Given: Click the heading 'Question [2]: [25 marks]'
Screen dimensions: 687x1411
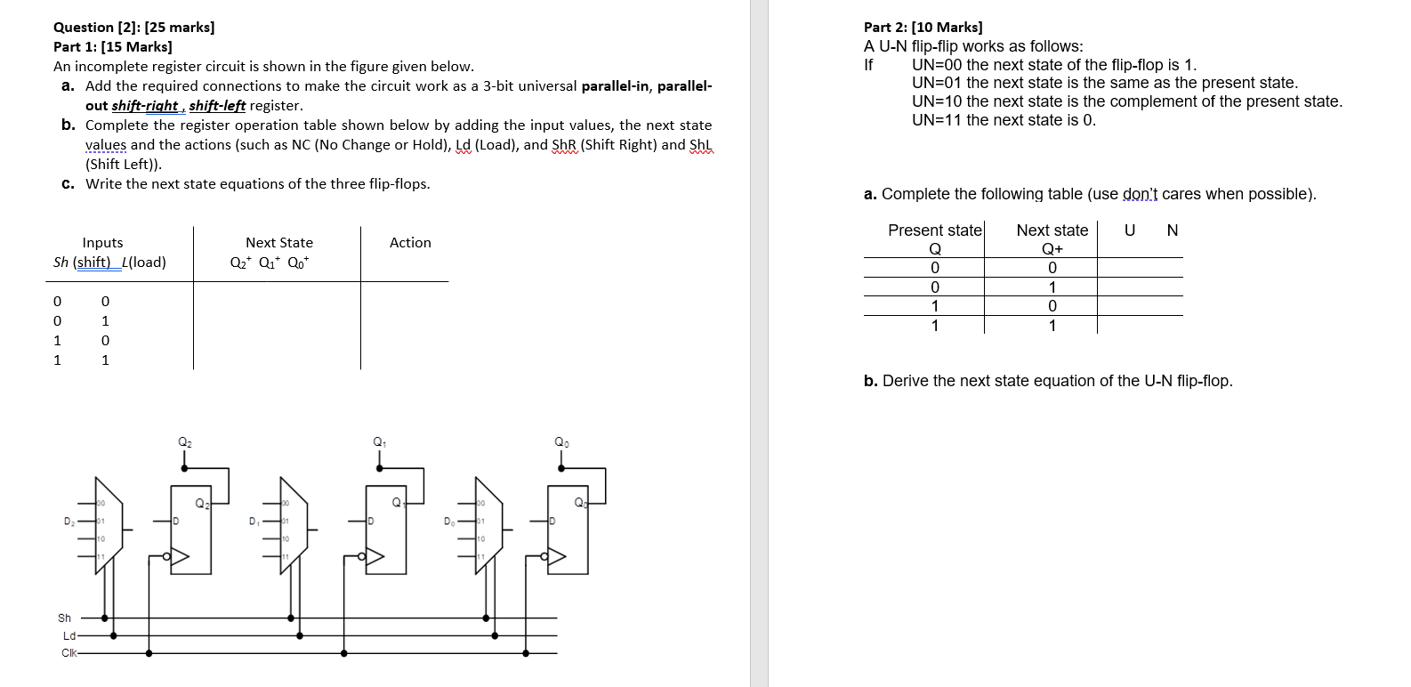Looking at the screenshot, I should pos(133,28).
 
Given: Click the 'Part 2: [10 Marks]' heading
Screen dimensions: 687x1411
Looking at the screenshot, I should pos(923,28).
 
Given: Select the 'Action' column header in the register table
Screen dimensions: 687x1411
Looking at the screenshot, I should pos(410,243).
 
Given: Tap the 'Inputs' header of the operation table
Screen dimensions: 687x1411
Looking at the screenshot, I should pos(102,243).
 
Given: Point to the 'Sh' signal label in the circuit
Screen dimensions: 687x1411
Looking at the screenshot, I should pos(65,618).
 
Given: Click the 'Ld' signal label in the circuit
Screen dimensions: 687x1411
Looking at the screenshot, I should pos(69,636).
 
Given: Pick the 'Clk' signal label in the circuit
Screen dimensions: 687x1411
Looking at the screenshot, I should pos(69,653).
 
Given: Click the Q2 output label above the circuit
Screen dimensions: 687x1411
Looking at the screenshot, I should pos(185,442).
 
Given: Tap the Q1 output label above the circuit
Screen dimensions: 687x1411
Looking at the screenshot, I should pos(380,442).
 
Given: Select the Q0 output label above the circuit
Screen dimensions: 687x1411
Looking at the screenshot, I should pos(561,442).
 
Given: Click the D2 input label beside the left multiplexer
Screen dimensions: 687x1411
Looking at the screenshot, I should pos(69,521).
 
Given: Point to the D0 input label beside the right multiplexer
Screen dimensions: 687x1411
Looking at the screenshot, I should pos(450,521).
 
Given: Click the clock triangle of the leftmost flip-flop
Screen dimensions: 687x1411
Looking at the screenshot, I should pos(181,557).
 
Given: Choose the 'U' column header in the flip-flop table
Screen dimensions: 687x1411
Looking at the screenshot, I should pos(1130,230).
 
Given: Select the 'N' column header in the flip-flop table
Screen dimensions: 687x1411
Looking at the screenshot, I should pos(1172,230).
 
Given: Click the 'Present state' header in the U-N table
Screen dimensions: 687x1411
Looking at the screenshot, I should pos(934,230).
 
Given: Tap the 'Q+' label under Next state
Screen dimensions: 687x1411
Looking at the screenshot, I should pos(1052,249).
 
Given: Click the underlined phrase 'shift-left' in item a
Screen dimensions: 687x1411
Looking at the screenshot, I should pos(217,106).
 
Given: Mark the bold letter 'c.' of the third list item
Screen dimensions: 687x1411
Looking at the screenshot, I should pos(68,184).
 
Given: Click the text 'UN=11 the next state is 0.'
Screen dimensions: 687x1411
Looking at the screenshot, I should pos(1004,120).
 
